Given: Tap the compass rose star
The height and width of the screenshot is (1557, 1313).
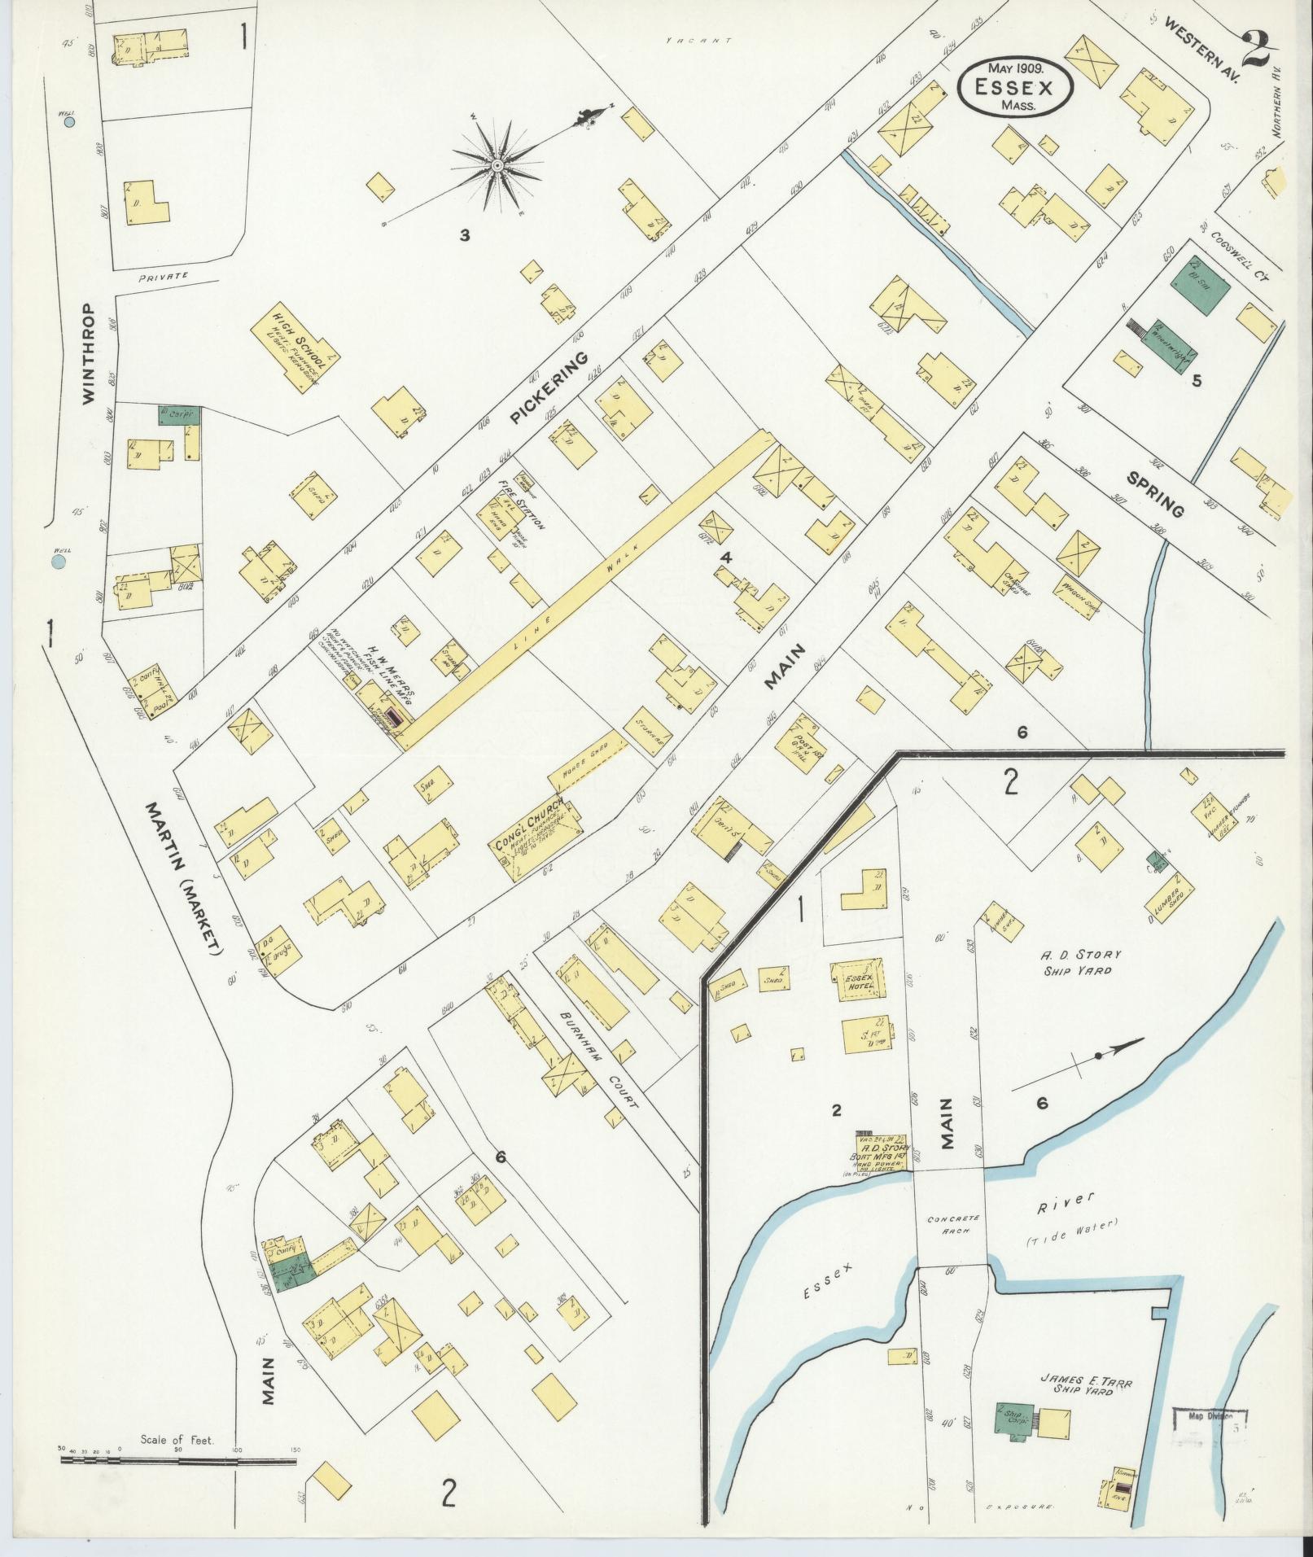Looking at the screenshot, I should pyautogui.click(x=495, y=165).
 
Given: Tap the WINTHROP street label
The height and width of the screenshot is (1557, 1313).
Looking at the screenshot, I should pyautogui.click(x=88, y=353).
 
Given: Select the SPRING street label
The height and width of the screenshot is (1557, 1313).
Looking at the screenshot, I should pyautogui.click(x=1155, y=493).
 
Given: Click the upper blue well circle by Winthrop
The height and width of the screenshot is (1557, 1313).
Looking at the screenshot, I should pyautogui.click(x=69, y=123).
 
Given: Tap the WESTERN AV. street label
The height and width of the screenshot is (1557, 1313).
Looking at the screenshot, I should pyautogui.click(x=1200, y=53).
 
